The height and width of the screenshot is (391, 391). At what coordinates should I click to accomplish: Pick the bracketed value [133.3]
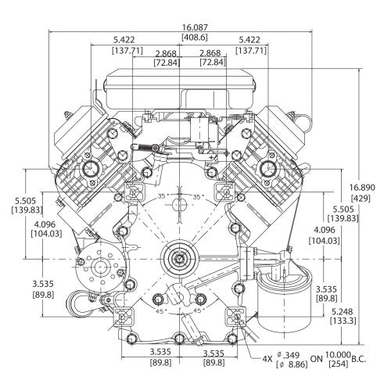coord(344,320)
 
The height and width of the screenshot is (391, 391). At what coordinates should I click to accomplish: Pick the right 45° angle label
coord(202,310)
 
